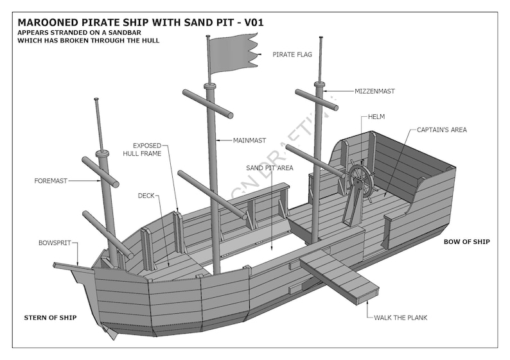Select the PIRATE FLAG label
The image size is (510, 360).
[x=292, y=55]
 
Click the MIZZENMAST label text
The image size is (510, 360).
[x=374, y=92]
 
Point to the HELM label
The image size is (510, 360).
[x=376, y=117]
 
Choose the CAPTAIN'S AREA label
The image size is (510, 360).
[x=441, y=130]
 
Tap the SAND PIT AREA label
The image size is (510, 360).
[x=270, y=167]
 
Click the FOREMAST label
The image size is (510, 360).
[x=51, y=181]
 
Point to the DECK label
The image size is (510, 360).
[x=146, y=195]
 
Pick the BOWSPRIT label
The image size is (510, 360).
[x=55, y=243]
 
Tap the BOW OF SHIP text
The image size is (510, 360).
[x=466, y=242]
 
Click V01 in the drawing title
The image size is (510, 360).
[x=252, y=22]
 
